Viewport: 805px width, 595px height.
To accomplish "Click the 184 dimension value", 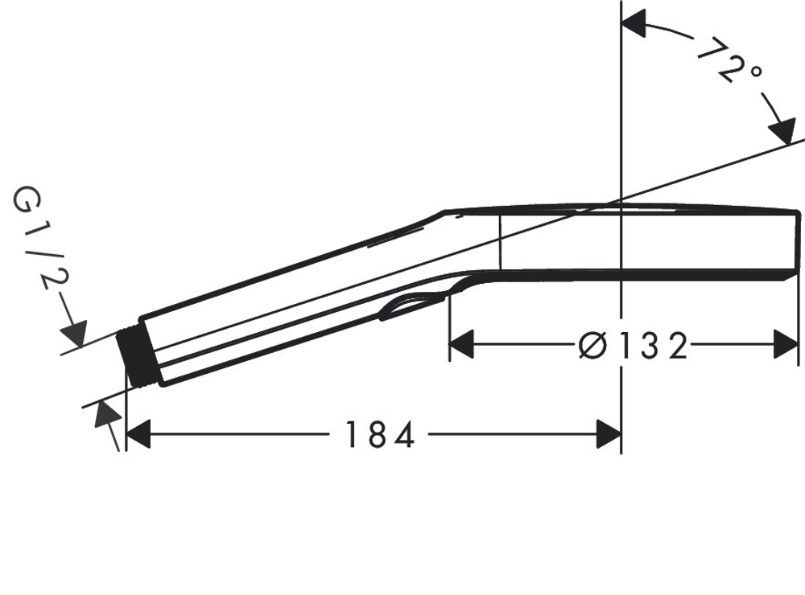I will click(x=379, y=436).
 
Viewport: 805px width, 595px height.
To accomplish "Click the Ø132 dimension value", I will click(x=634, y=347).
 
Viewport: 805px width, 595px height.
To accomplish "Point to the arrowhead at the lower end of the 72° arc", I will click(x=781, y=131).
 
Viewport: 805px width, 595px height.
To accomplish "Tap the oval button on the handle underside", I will click(x=412, y=307).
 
